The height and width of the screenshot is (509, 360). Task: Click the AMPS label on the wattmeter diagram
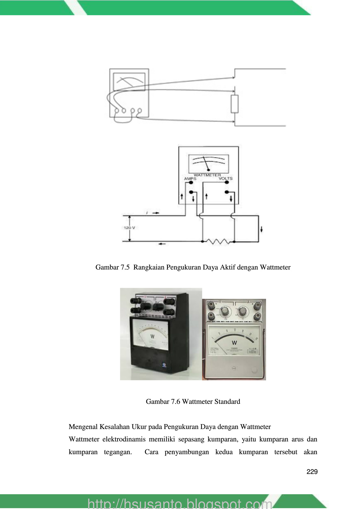coord(190,179)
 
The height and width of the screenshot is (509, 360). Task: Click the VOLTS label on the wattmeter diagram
coord(226,178)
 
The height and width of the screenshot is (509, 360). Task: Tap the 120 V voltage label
coord(129,228)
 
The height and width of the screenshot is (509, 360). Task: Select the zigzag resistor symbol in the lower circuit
coord(218,241)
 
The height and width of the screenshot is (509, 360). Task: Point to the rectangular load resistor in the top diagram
coord(235,104)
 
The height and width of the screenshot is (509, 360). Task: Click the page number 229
coord(312,472)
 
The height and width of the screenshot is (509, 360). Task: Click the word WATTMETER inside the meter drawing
coord(207,175)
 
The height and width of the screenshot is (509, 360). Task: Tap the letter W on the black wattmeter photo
coord(152,337)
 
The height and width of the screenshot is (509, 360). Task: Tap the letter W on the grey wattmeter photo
coord(234,343)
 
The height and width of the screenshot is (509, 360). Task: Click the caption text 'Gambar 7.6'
coord(163,402)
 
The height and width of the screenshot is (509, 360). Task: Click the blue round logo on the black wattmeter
coord(164,364)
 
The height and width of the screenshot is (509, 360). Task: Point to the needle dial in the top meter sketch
coord(129,82)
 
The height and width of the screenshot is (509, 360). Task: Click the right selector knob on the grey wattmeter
coord(243,311)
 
